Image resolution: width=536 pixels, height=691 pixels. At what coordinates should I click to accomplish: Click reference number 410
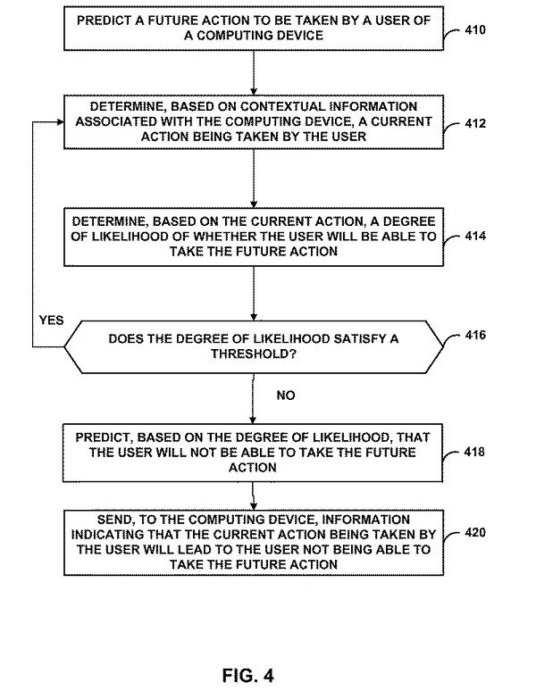tap(475, 29)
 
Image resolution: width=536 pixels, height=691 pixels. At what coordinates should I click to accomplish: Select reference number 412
tap(475, 123)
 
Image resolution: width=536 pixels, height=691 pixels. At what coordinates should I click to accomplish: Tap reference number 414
tap(475, 237)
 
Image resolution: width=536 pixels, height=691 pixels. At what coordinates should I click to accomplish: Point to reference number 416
tap(475, 336)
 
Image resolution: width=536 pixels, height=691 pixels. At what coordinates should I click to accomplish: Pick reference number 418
tap(475, 452)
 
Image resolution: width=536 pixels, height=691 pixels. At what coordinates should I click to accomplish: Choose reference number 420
tap(475, 532)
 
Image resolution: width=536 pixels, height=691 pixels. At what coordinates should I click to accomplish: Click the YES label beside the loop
tap(52, 320)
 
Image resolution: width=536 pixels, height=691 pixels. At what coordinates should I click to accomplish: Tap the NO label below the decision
tap(285, 395)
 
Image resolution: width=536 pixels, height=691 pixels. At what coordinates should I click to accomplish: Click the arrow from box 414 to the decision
tap(254, 293)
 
